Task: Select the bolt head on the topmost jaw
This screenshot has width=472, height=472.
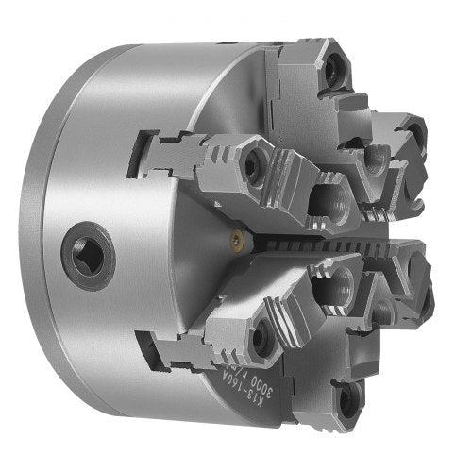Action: (x=334, y=69)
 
